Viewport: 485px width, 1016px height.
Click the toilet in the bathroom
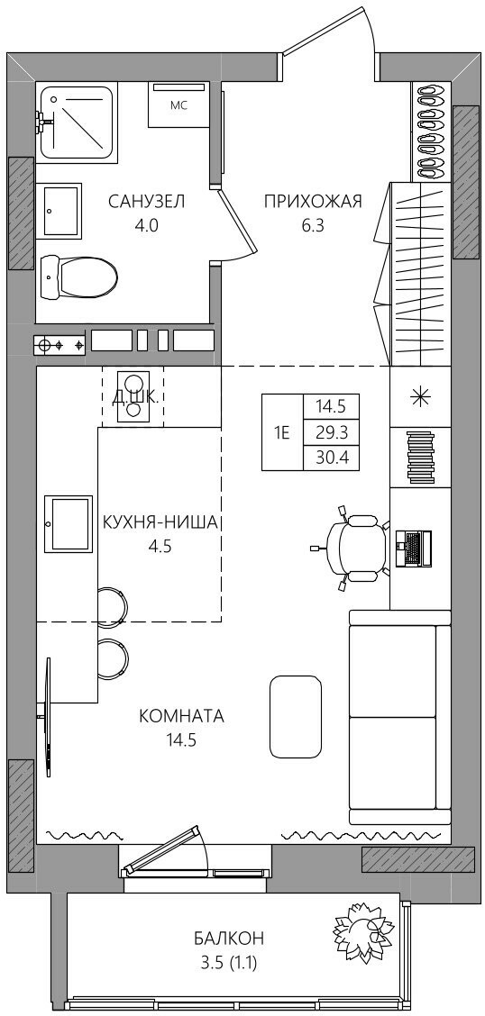click(x=78, y=277)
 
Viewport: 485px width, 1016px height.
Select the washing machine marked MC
click(x=178, y=105)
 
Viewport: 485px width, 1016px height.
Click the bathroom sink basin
click(x=62, y=211)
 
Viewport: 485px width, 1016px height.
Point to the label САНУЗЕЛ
click(x=147, y=202)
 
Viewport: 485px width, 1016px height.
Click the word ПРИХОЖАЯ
click(x=312, y=202)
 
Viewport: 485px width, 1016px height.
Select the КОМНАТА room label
click(x=181, y=716)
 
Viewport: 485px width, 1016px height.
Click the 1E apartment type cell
click(x=282, y=433)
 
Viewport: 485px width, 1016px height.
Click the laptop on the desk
click(x=414, y=549)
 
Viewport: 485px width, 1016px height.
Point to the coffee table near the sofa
click(x=295, y=716)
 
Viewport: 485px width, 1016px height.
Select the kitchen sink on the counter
click(x=69, y=524)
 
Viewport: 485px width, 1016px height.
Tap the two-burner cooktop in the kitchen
click(x=133, y=396)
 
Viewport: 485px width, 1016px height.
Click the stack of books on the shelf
click(x=421, y=458)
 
